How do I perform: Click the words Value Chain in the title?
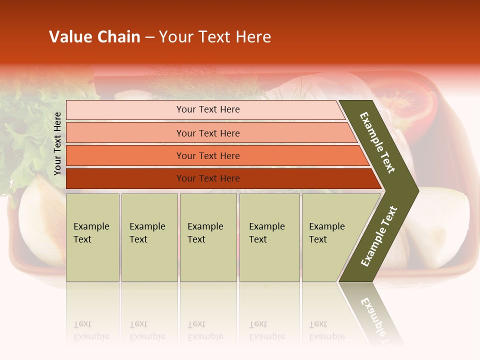coord(94,37)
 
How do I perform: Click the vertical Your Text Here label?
coord(57,143)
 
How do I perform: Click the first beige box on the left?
coord(92,237)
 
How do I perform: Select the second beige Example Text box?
coord(149,237)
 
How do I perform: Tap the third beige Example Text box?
coord(208,237)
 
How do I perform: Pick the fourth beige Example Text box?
coord(269,237)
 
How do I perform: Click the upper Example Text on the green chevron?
coord(377,143)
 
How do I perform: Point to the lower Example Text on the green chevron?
coord(379,236)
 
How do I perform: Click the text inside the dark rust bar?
coord(208,178)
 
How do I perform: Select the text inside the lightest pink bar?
coord(208,109)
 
